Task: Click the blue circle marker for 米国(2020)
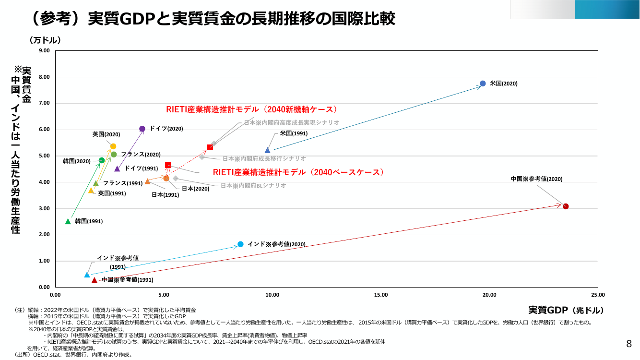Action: click(x=483, y=84)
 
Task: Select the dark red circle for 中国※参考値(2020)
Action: click(x=566, y=206)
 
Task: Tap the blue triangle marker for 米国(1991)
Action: click(x=267, y=150)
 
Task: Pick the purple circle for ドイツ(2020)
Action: click(x=142, y=129)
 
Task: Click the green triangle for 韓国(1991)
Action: click(x=68, y=221)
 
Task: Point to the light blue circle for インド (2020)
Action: click(x=240, y=244)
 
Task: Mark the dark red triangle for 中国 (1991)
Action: click(x=95, y=280)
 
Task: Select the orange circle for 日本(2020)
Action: click(x=166, y=179)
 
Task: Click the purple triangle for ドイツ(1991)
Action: click(x=117, y=168)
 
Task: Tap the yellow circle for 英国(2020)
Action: click(x=113, y=146)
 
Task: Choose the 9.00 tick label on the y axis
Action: click(x=44, y=50)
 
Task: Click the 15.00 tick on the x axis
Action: click(x=381, y=295)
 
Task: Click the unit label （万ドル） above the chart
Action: click(x=45, y=40)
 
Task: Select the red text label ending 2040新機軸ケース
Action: click(x=252, y=109)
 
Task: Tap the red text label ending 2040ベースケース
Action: click(x=298, y=172)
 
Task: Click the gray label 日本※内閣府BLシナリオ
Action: click(x=253, y=186)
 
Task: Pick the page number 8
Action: click(x=629, y=344)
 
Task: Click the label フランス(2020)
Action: click(x=141, y=155)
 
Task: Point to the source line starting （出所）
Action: click(x=74, y=355)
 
